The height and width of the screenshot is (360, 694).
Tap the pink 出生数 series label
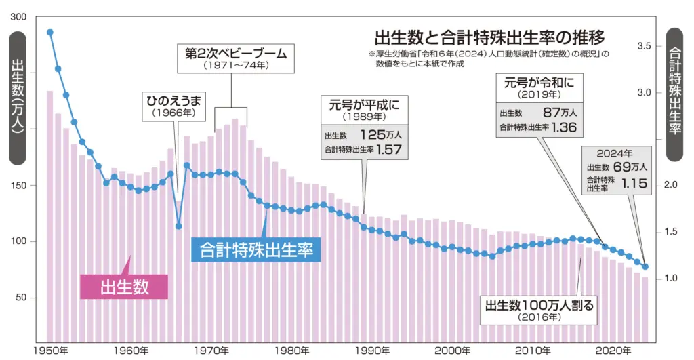pos(124,286)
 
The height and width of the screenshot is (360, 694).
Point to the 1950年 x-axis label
pos(49,351)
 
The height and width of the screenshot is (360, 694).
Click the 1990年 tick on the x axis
pos(371,351)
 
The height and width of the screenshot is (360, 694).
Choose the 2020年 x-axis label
pos(613,351)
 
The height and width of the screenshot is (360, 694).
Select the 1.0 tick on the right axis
pos(645,279)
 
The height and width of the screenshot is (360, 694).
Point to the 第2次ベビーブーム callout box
pos(232,59)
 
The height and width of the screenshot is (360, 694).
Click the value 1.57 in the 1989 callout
pos(388,148)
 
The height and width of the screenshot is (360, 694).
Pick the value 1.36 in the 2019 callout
pos(564,127)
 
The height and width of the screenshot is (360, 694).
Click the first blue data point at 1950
pos(49,32)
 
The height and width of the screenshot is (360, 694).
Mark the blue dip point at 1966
pos(179,226)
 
